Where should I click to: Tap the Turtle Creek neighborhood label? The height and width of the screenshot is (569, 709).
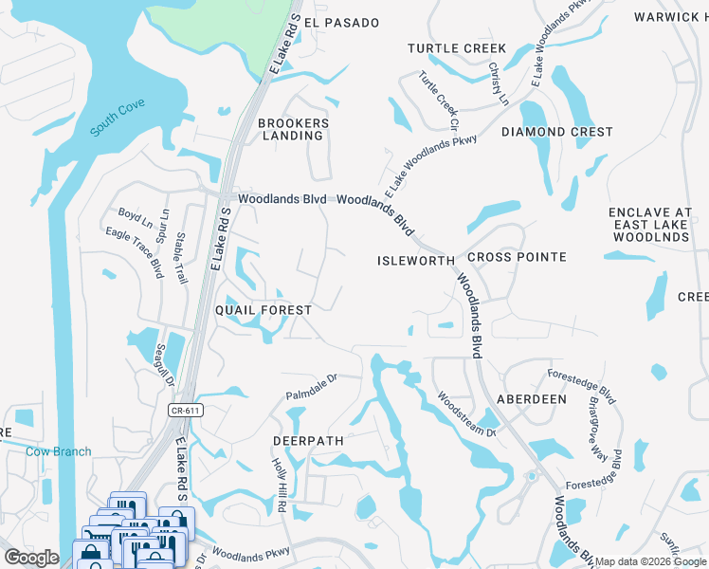click(457, 48)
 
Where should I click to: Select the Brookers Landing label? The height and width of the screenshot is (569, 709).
click(294, 129)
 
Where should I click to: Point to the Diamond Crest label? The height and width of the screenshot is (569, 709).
click(557, 132)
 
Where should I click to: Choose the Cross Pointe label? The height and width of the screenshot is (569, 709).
click(517, 257)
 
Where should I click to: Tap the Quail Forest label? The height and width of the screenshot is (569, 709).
click(264, 310)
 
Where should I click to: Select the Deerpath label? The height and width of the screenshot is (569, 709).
click(306, 442)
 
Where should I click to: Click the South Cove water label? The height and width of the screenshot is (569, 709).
click(118, 123)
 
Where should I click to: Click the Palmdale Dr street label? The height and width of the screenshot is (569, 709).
click(313, 389)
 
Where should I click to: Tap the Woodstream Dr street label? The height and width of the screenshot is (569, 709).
click(465, 413)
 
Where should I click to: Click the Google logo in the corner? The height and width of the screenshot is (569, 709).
click(31, 558)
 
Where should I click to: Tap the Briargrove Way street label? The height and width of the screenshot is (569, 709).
click(596, 421)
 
